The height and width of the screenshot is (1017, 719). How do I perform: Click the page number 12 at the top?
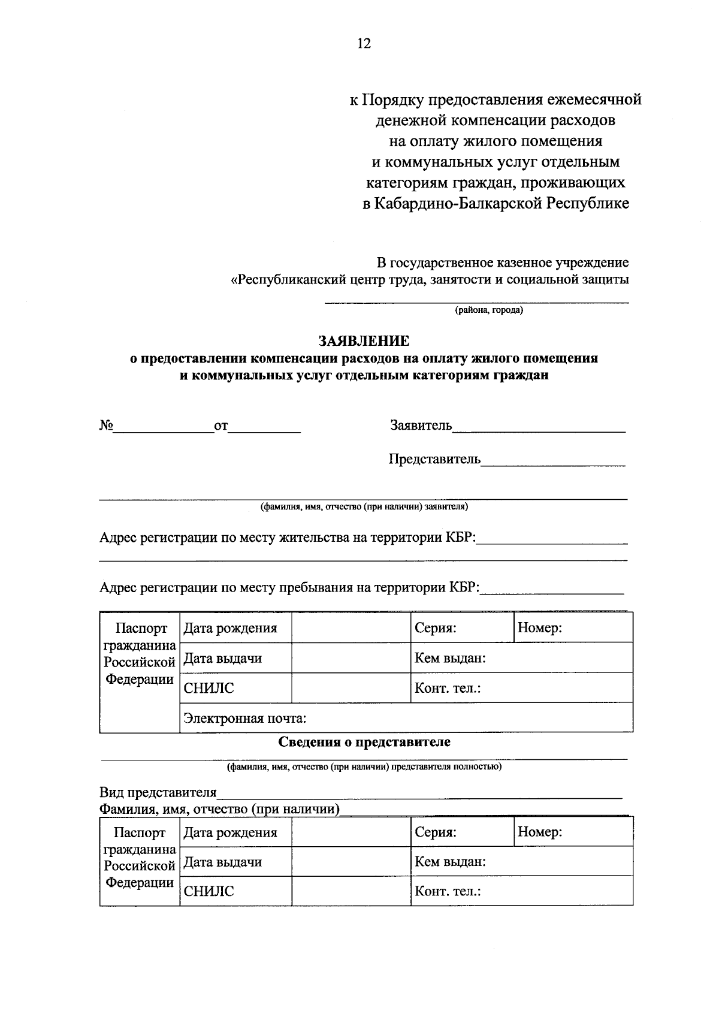click(364, 44)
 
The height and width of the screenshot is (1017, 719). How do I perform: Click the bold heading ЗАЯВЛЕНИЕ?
click(364, 341)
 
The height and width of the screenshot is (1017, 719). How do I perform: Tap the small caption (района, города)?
click(488, 310)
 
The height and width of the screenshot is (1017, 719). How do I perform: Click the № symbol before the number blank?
click(107, 426)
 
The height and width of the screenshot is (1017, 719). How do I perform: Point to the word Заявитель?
click(421, 425)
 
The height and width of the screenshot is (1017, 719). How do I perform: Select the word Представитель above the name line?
click(434, 459)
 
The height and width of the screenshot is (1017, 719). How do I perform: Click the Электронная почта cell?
click(245, 718)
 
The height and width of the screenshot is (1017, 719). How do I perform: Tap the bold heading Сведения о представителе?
click(364, 742)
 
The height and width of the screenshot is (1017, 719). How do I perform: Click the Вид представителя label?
click(158, 793)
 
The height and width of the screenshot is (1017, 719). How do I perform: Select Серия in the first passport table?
click(436, 628)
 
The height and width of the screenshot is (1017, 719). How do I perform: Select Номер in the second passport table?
click(539, 832)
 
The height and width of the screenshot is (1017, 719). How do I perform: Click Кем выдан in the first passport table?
click(450, 658)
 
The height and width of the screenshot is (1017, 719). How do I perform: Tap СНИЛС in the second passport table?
click(209, 891)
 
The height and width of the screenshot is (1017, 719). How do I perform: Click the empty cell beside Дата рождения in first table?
click(351, 628)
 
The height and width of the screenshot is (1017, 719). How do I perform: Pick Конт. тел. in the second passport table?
click(448, 891)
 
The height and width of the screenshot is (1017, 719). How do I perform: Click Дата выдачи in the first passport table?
click(222, 658)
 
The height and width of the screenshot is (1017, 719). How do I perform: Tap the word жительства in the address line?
click(315, 538)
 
